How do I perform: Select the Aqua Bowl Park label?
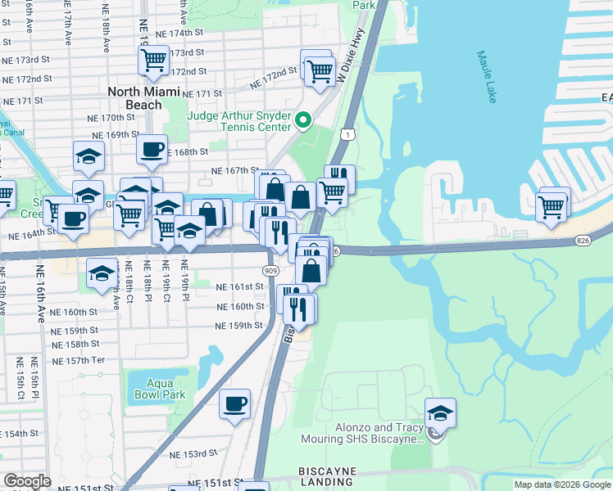pos(156,389)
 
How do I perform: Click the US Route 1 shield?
pos(349,133)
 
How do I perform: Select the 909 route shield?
pos(270,270)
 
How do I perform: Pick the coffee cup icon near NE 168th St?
pos(152,150)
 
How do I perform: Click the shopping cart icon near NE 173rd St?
pos(153,60)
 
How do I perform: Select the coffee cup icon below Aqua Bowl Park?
pos(235,403)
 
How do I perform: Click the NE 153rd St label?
pos(193,453)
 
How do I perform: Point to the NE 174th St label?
pos(181,33)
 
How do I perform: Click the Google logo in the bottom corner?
pos(27,480)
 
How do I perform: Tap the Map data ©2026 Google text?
pos(561,484)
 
